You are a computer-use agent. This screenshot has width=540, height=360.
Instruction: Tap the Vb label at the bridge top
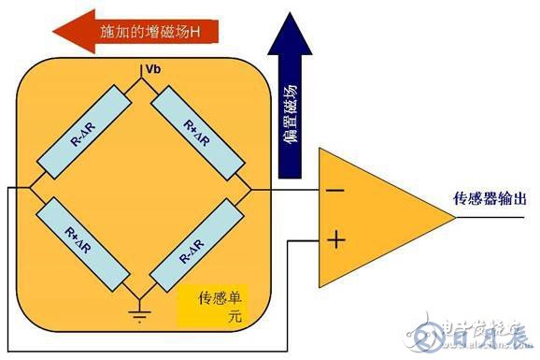tap(150, 71)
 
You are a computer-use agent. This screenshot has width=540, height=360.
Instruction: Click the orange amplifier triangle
tap(374, 217)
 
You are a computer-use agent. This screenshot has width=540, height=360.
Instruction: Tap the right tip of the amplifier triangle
tap(454, 217)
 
